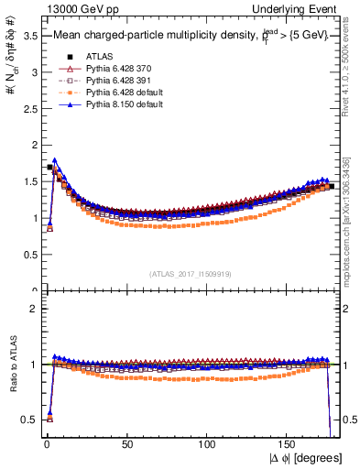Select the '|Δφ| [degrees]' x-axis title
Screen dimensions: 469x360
click(x=304, y=458)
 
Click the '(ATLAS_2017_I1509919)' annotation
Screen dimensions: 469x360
click(x=191, y=272)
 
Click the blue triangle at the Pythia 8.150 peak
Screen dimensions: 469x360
click(x=55, y=160)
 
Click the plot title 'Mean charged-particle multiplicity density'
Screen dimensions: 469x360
click(x=147, y=36)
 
